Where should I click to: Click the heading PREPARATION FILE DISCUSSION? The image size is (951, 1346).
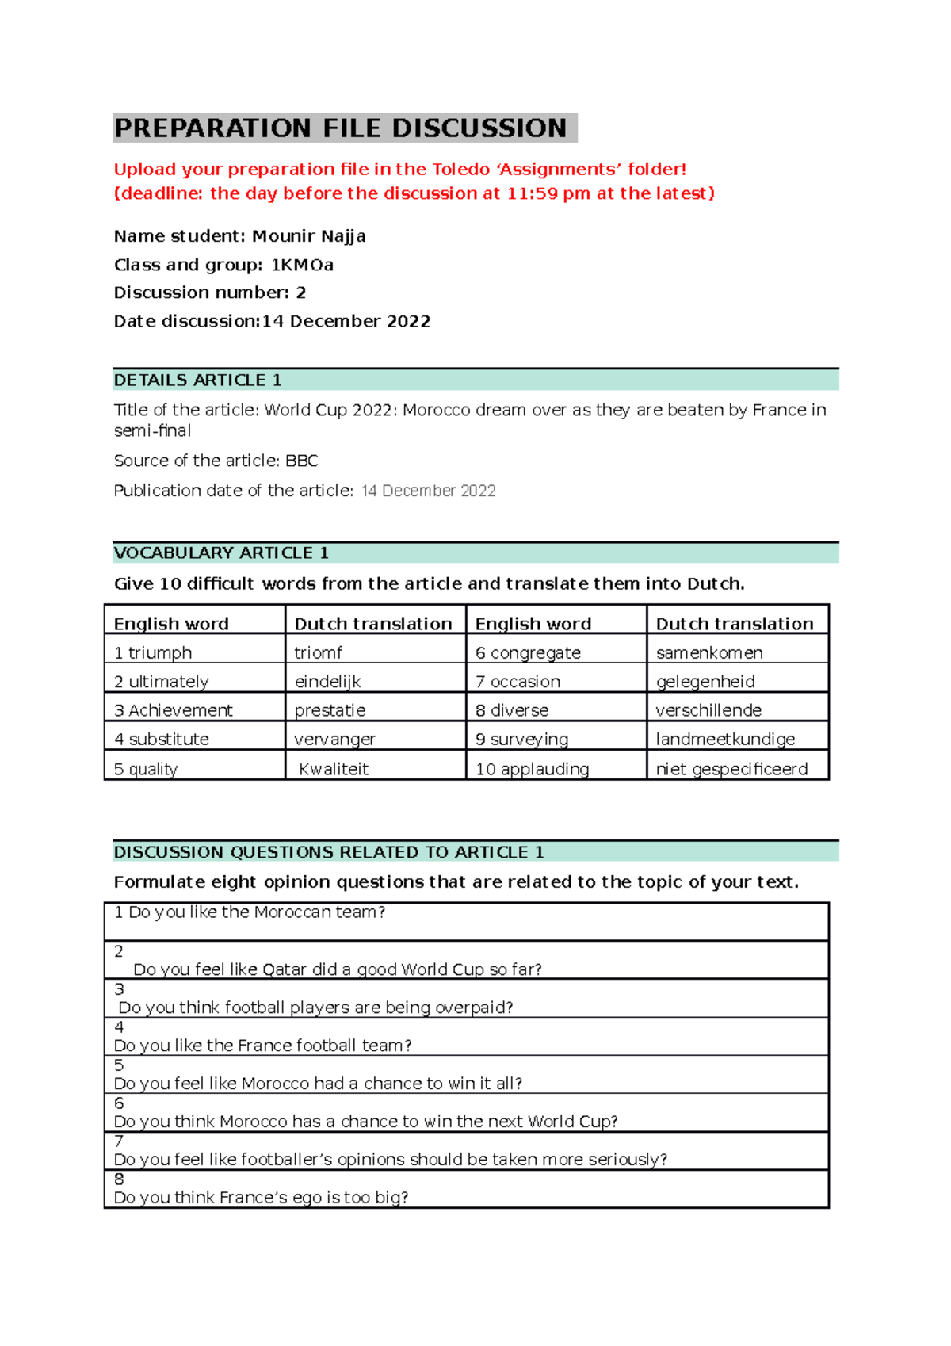click(341, 128)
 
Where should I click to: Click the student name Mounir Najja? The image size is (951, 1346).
click(308, 236)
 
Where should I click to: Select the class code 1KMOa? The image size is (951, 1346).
click(302, 265)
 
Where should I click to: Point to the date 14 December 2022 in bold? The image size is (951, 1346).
click(346, 321)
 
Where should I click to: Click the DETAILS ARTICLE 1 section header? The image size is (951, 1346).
click(198, 380)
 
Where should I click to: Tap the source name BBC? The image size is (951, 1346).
click(301, 461)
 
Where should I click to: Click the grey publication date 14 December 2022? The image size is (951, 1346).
click(428, 491)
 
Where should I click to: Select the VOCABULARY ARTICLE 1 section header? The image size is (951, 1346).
click(221, 553)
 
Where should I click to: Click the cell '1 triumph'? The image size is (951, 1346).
click(153, 652)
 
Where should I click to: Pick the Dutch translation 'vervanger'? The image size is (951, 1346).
click(334, 739)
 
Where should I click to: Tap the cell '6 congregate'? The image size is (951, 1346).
click(528, 652)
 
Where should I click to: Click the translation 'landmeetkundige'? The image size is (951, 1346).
click(725, 739)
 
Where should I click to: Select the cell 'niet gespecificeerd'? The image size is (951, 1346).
click(731, 768)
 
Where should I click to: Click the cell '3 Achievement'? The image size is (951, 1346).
click(174, 710)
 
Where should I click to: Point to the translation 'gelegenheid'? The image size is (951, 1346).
click(705, 682)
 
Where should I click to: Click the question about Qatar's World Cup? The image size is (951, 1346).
click(338, 969)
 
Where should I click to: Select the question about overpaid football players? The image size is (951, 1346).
click(315, 1008)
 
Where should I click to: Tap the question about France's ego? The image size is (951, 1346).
click(262, 1197)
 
